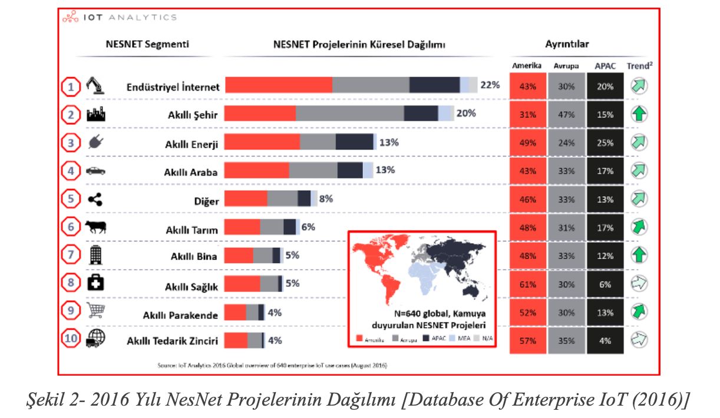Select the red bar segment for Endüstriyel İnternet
tap(279, 85)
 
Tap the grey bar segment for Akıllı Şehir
tap(349, 113)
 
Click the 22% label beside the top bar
tap(490, 85)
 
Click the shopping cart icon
tap(95, 310)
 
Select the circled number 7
tap(71, 256)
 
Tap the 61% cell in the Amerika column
tap(528, 284)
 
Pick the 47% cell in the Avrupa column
tap(566, 115)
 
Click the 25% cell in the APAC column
tap(605, 143)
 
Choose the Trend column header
tap(639, 66)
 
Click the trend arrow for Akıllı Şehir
tap(639, 114)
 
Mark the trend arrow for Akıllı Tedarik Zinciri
tap(639, 340)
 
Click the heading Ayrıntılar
tap(567, 44)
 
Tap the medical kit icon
tap(95, 283)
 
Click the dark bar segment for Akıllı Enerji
tap(355, 142)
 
